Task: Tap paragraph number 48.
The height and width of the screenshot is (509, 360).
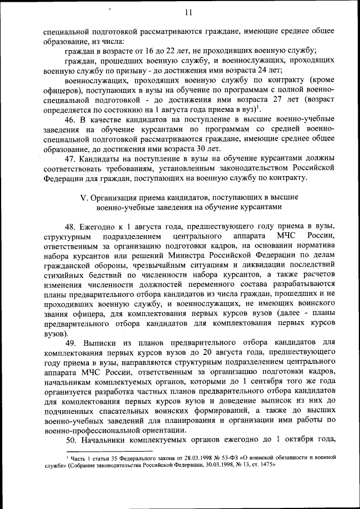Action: click(71, 226)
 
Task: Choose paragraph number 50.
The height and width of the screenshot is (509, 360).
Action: click(71, 439)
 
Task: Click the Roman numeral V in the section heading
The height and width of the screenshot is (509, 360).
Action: click(84, 196)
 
